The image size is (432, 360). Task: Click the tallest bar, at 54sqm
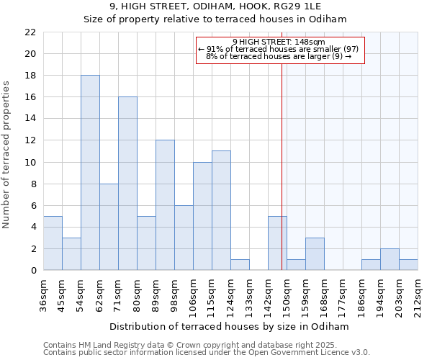(90, 173)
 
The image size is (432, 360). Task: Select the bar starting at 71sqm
(127, 184)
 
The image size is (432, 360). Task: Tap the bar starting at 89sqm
(165, 205)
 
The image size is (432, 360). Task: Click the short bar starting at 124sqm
(240, 265)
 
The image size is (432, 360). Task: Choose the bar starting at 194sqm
(390, 260)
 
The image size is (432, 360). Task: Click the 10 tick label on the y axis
(30, 162)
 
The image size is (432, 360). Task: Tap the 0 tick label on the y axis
(33, 271)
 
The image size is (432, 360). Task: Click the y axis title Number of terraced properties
(7, 155)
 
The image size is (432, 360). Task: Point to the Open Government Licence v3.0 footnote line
(207, 353)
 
